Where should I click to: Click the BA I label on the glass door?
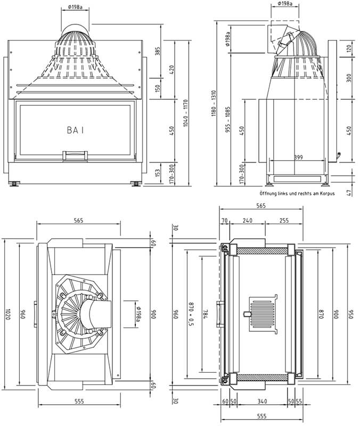tap(75, 130)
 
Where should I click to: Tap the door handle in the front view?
tap(75, 155)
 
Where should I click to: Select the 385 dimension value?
tap(158, 51)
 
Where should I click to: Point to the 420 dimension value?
tap(171, 70)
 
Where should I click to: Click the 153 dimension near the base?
tap(158, 173)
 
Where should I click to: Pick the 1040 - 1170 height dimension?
tap(185, 113)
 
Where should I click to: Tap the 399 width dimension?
tap(298, 157)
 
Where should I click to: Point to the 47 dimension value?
tap(349, 193)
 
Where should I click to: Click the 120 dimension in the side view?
tap(349, 48)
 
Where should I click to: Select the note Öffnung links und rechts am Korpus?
tap(297, 194)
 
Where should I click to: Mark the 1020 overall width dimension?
tap(7, 314)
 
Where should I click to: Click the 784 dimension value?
tap(205, 314)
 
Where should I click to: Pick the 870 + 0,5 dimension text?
tap(191, 314)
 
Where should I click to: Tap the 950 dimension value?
tap(351, 314)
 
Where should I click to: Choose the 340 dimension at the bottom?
tap(262, 402)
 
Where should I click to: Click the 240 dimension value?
tap(248, 220)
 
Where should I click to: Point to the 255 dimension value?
tap(284, 220)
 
